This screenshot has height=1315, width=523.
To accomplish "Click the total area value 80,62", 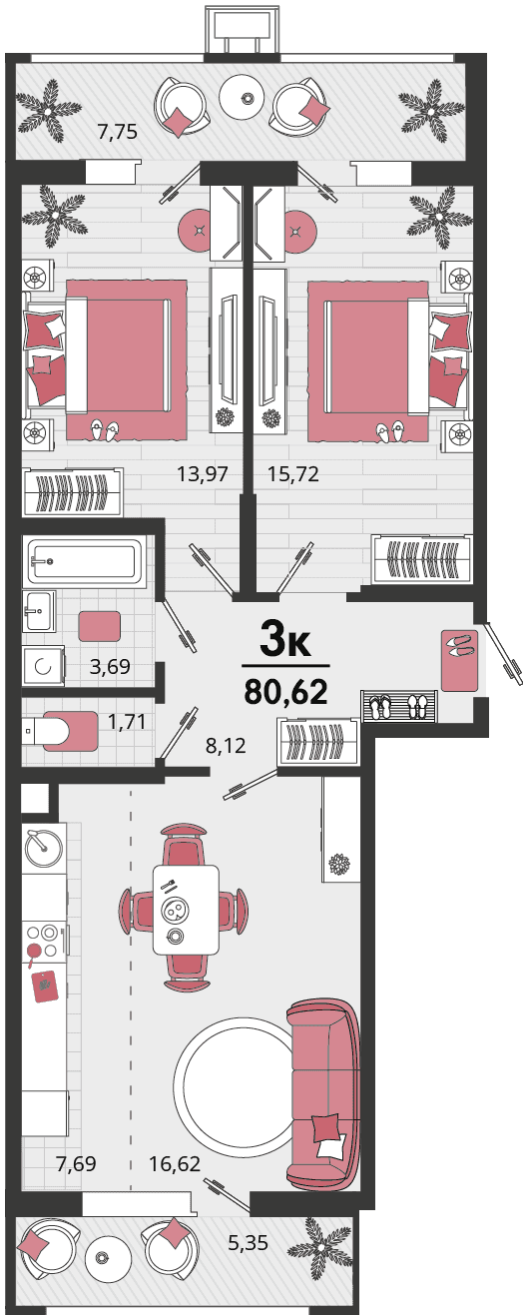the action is tap(285, 692).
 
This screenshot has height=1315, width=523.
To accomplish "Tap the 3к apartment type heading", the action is tap(284, 640).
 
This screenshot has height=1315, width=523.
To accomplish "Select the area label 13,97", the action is tap(203, 473).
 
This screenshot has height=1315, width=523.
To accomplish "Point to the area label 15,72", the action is tap(293, 473).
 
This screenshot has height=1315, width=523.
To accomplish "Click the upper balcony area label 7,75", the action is tap(118, 132).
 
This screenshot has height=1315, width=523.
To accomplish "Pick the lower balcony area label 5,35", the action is tap(248, 1242).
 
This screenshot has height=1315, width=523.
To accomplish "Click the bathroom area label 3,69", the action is tap(110, 666).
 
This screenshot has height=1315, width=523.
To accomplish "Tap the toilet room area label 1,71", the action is tap(126, 721).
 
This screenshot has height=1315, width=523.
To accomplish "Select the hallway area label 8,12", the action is tap(226, 746).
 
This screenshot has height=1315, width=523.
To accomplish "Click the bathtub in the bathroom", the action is tap(84, 561).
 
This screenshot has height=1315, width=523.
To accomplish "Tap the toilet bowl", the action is tap(60, 730).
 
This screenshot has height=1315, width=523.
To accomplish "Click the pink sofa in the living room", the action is tap(322, 1098).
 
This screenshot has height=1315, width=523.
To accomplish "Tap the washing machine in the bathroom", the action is tap(43, 666).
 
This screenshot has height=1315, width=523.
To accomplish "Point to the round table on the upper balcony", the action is tap(246, 98).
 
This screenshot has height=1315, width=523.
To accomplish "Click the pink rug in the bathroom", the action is tap(99, 626).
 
